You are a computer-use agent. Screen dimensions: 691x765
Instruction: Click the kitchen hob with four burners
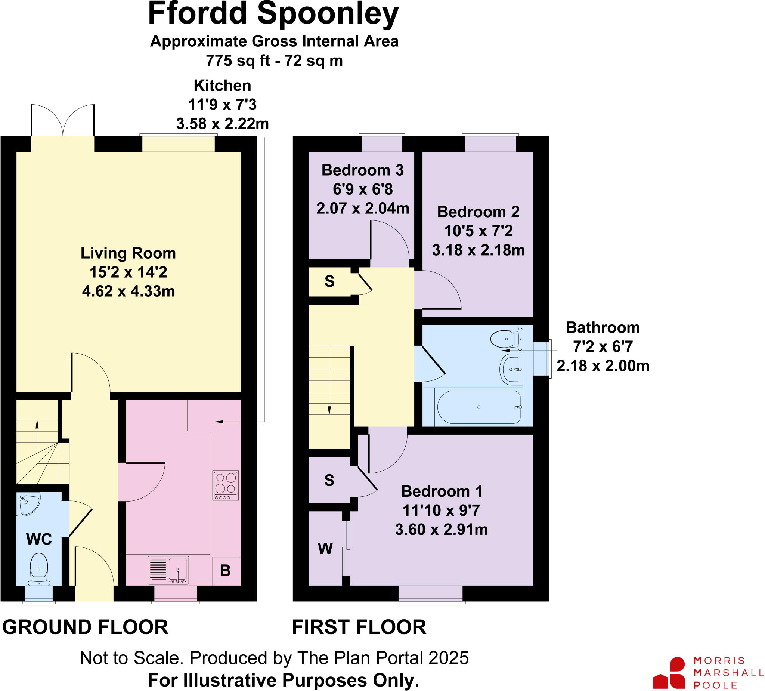coord(225,485)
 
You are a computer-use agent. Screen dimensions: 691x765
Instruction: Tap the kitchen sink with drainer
coord(168,570)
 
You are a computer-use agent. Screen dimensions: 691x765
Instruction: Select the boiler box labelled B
coord(225,571)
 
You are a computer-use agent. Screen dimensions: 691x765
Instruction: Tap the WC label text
coord(39,539)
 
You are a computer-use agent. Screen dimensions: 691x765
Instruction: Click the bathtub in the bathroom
coord(479,407)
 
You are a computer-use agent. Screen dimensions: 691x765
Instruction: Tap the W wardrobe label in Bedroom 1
coord(325,549)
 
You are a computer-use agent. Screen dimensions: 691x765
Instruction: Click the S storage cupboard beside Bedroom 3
coord(329,281)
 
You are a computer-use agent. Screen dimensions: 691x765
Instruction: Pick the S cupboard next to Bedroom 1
coord(329,481)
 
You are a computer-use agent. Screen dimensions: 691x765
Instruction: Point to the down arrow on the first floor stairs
coord(329,410)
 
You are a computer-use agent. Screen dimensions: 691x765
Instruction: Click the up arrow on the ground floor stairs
coord(37,425)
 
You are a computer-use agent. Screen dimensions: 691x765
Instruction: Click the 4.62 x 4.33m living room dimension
coord(128,291)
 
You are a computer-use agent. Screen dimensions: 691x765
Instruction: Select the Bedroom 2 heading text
coord(478,212)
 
